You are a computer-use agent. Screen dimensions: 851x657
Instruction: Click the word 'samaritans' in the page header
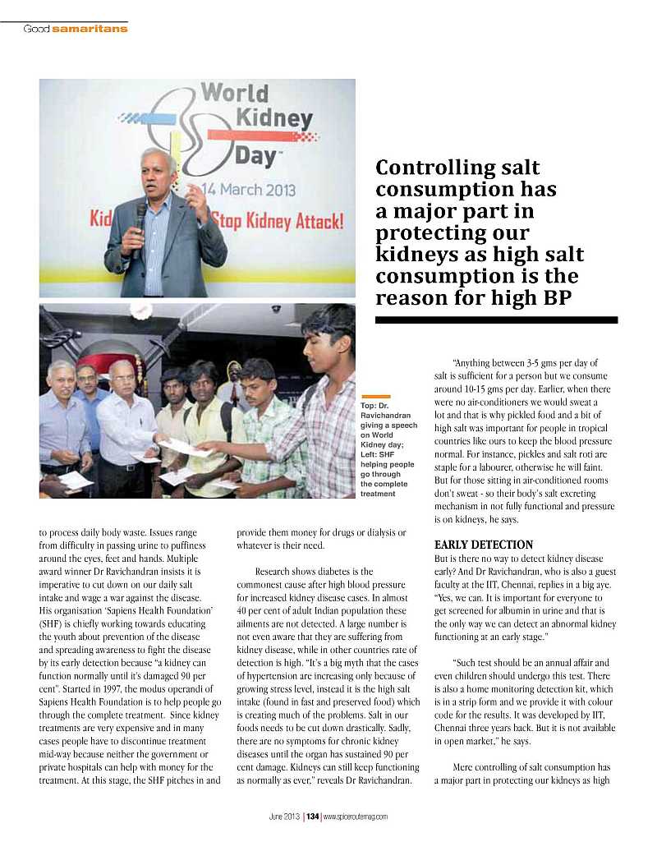coord(90,29)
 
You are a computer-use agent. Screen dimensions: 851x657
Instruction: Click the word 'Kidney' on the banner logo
coord(273,121)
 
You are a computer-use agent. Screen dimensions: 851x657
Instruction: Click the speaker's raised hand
coord(196,196)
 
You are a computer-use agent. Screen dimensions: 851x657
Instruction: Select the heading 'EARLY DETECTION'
coord(483,545)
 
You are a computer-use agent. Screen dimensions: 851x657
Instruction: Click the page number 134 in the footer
coord(312,816)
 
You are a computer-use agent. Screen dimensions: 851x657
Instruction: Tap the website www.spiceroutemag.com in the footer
coord(355,816)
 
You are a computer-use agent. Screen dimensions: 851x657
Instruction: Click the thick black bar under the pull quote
coord(496,320)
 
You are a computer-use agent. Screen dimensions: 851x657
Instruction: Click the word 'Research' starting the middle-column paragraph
coord(277,570)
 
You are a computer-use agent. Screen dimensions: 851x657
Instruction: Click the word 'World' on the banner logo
coord(235,93)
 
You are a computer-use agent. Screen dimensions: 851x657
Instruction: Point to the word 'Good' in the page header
coord(36,29)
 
